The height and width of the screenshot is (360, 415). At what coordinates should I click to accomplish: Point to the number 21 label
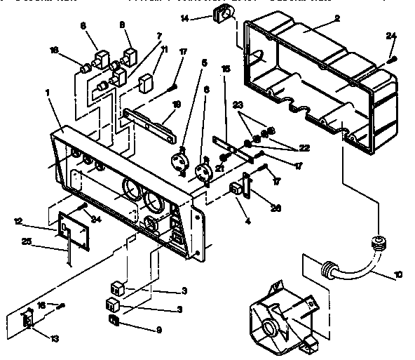click(x=220, y=168)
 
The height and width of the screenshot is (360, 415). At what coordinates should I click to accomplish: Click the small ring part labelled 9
click(x=112, y=321)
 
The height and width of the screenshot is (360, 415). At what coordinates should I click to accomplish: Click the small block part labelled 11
click(x=147, y=83)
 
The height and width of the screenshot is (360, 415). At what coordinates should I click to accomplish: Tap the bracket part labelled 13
click(x=29, y=318)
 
